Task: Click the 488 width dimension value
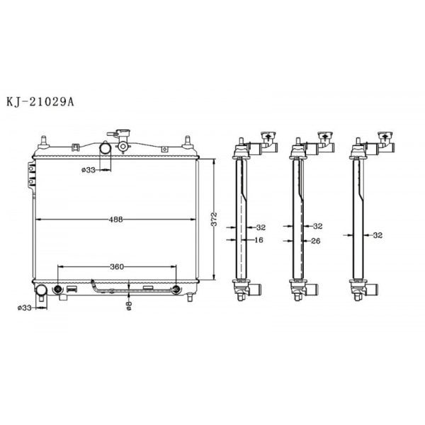point(117,220)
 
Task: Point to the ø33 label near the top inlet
point(89,169)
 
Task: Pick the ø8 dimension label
point(128,305)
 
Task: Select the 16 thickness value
point(260,240)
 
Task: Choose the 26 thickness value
point(317,240)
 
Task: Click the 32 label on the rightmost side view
point(377,234)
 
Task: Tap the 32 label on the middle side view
point(317,227)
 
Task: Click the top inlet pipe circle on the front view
point(105,150)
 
